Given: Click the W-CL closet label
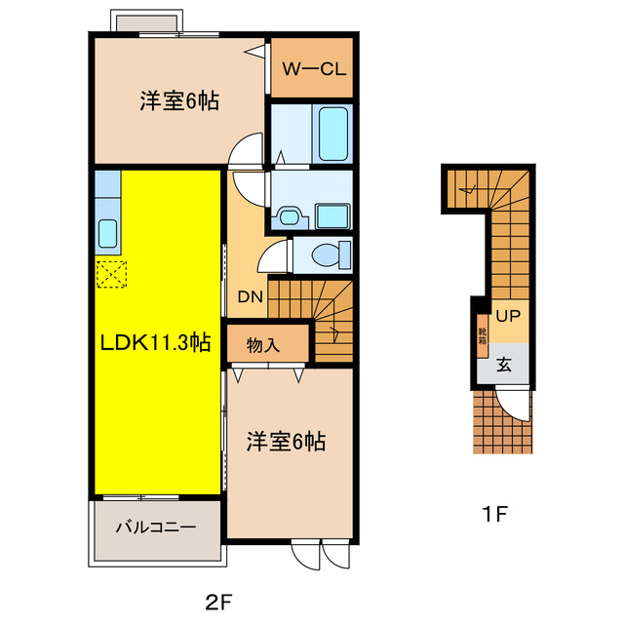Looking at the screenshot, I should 310,69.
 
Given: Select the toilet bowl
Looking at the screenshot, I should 327,255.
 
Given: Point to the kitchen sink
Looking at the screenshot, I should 107,233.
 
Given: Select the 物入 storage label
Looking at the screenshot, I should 264,344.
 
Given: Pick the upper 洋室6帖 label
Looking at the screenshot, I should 178,99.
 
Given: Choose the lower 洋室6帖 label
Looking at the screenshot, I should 286,442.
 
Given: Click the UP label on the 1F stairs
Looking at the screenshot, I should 507,316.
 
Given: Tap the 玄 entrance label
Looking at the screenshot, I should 505,366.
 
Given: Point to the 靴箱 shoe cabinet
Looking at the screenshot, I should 482,336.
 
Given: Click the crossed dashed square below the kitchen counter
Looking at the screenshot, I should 111,274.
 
